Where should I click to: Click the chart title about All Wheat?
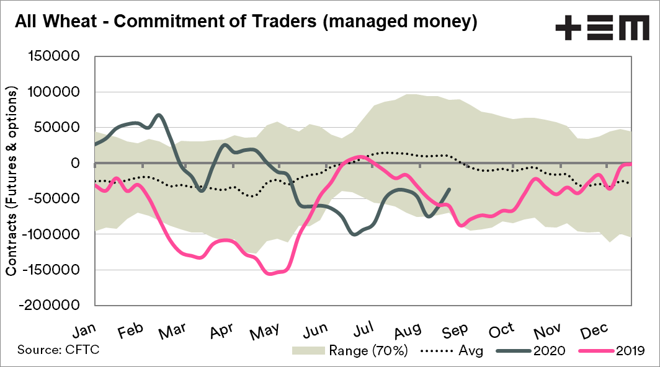(x=246, y=23)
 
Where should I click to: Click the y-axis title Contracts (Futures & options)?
(x=12, y=181)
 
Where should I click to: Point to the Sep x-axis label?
(x=454, y=330)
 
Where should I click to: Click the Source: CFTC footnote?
(x=59, y=350)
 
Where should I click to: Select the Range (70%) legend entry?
(x=350, y=351)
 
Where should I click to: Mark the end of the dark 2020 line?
(x=449, y=189)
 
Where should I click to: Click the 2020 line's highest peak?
(x=159, y=115)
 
